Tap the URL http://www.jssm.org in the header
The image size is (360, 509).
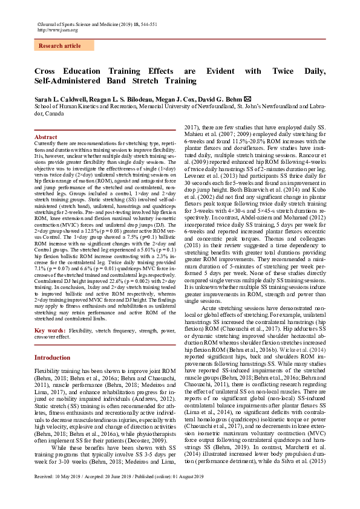click(58, 29)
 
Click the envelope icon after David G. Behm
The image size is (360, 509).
click(247, 99)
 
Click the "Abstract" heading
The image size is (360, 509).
click(47, 138)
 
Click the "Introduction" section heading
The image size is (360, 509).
click(52, 358)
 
